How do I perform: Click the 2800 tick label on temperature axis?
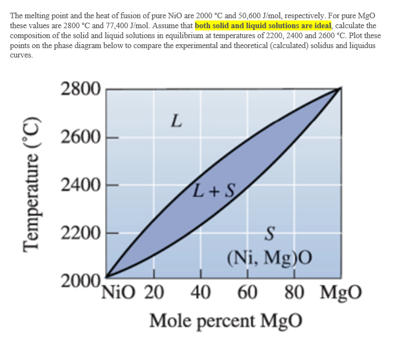pyautogui.click(x=80, y=88)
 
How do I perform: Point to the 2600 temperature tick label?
pyautogui.click(x=80, y=137)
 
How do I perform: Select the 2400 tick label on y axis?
pyautogui.click(x=80, y=185)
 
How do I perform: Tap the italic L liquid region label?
pyautogui.click(x=176, y=119)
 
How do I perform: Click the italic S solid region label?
pyautogui.click(x=270, y=236)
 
